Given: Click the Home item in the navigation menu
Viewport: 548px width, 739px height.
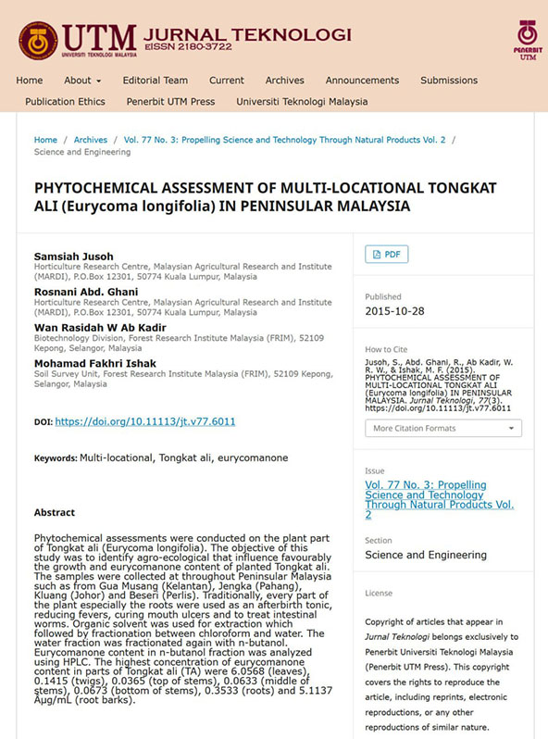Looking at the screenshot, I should click(30, 81).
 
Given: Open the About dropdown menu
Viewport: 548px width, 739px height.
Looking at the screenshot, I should click(83, 81).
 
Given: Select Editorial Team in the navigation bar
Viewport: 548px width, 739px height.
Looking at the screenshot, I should click(155, 81).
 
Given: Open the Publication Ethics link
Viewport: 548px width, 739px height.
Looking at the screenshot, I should click(65, 102).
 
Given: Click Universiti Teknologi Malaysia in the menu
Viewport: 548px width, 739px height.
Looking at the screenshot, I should click(302, 102).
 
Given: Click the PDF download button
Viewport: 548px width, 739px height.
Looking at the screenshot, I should click(387, 254).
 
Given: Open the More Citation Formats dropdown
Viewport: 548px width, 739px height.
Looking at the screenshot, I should click(442, 429).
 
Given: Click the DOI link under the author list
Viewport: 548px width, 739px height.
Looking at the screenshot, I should click(145, 421).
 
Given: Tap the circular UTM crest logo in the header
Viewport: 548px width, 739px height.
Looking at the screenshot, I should click(38, 40).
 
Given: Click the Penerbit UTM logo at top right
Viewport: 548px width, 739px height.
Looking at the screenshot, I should click(527, 39).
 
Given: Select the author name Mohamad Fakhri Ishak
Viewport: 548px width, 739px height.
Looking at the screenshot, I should click(94, 363).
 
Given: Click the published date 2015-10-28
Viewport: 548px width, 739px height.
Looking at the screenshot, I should click(395, 311).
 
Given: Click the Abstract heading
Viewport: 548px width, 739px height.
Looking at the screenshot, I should click(55, 512).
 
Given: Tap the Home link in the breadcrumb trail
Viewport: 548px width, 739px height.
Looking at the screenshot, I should click(45, 140).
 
